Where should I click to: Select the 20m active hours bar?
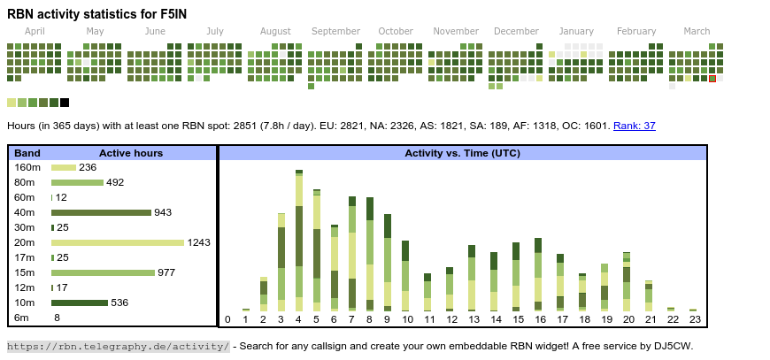click(118, 242)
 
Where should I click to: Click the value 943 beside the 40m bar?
click(163, 212)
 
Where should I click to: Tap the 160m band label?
click(27, 167)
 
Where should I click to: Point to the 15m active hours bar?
click(103, 272)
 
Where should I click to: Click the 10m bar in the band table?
click(79, 303)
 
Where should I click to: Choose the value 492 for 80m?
click(115, 182)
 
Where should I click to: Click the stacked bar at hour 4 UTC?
click(299, 239)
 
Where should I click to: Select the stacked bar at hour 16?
click(538, 274)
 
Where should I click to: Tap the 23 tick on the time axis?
click(695, 319)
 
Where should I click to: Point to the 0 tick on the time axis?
click(227, 319)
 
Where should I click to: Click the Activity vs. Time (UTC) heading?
click(462, 153)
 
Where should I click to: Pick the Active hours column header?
click(131, 153)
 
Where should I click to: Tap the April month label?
click(35, 31)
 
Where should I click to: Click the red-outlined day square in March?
click(712, 79)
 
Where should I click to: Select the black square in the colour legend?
click(65, 103)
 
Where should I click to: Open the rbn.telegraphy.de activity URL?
click(119, 346)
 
